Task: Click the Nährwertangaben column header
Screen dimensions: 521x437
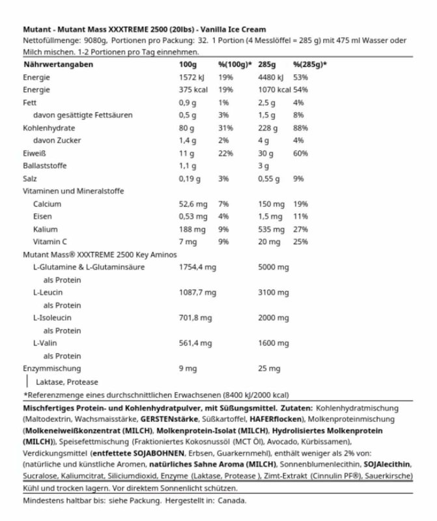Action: coord(57,65)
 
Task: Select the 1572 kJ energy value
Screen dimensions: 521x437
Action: coord(193,77)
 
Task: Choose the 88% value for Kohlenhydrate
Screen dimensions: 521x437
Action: coord(300,128)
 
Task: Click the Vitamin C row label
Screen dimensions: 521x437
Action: coord(49,241)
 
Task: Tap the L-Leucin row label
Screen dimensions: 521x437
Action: coord(48,292)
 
